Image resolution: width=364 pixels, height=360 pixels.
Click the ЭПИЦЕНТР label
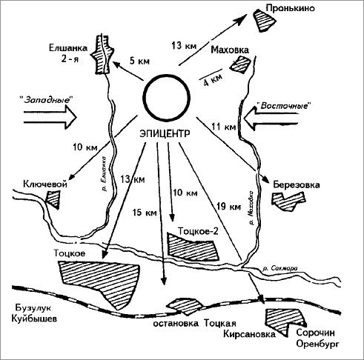click(x=165, y=133)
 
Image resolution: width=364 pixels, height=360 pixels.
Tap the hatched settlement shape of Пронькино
click(x=264, y=20)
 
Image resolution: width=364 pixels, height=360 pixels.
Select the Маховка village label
click(x=230, y=50)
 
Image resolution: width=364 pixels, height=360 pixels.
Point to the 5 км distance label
click(x=139, y=61)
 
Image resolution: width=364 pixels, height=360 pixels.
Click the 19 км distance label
click(x=228, y=206)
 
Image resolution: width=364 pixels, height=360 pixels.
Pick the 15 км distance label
click(x=145, y=213)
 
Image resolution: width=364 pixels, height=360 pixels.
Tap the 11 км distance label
click(x=224, y=127)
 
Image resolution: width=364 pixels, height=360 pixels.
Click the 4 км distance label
click(x=213, y=79)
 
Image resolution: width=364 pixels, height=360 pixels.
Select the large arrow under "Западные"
click(x=50, y=116)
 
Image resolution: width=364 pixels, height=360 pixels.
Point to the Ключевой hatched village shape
click(x=53, y=199)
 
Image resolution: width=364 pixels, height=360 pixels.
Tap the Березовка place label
click(x=297, y=185)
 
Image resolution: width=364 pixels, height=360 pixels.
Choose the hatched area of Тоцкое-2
click(x=193, y=247)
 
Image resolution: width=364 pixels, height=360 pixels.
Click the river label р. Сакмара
click(x=281, y=268)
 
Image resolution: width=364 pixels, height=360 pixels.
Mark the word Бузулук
click(x=33, y=307)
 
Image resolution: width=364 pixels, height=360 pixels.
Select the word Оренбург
click(x=317, y=344)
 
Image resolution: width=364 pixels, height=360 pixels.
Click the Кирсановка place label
click(x=249, y=334)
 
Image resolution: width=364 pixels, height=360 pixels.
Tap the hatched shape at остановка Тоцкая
click(x=185, y=306)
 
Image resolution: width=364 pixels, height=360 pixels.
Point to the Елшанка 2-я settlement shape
click(x=102, y=54)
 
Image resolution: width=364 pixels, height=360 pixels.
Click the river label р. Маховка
click(x=251, y=207)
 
